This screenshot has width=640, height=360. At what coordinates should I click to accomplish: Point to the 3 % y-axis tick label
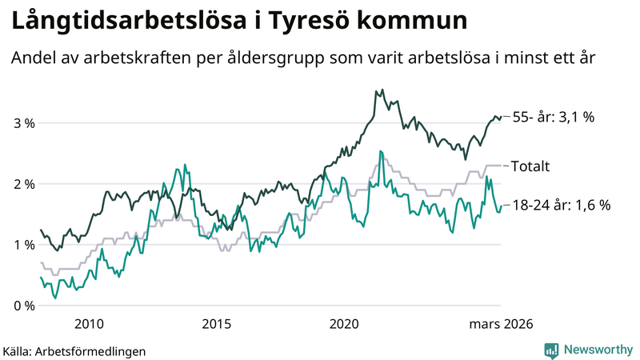tap(23, 123)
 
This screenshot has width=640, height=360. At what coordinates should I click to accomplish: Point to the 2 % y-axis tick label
tap(23, 184)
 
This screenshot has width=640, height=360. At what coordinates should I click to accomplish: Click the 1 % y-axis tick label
tap(23, 245)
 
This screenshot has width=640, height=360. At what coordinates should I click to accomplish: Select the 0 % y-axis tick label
tap(23, 306)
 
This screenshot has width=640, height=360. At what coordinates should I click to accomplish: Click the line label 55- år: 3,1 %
tap(565, 118)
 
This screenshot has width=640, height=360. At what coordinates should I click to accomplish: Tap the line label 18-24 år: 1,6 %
tap(561, 205)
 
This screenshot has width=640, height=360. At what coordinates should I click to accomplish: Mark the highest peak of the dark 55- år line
tap(382, 90)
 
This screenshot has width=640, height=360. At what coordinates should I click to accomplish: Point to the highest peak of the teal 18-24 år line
tap(380, 151)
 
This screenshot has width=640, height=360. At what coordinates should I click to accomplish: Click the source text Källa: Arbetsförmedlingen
tap(74, 350)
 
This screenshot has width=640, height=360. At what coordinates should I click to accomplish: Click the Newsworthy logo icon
tap(551, 350)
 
